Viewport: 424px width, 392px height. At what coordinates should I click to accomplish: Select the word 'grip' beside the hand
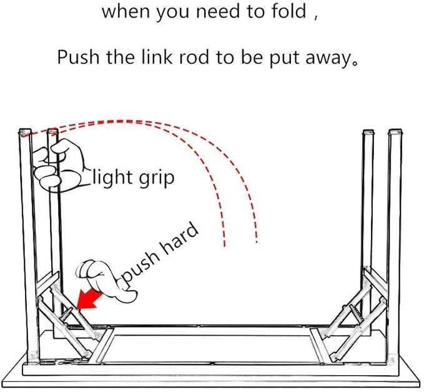(155, 179)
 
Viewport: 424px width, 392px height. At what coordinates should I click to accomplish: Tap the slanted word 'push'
(139, 270)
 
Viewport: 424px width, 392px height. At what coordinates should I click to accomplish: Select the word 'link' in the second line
(186, 58)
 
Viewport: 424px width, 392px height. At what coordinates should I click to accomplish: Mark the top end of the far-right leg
(395, 133)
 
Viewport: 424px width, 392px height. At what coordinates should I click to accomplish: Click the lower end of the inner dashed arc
(224, 244)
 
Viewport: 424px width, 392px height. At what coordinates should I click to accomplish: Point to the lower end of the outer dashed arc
(256, 241)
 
